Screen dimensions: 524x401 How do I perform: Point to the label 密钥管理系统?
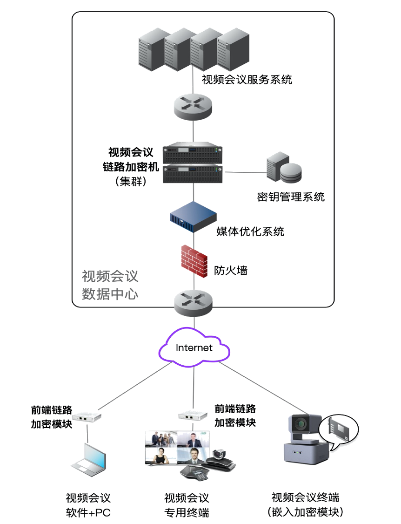[291, 197]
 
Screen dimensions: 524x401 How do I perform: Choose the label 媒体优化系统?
[250, 231]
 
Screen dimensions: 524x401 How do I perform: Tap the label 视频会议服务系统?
[247, 79]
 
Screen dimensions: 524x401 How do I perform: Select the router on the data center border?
[194, 301]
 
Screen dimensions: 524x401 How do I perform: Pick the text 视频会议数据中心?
[110, 285]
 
